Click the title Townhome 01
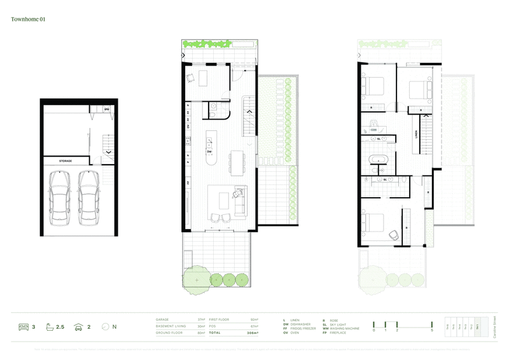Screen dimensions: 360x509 pos(29,20)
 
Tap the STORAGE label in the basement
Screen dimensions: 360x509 pos(66,162)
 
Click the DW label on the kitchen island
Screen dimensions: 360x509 pos(209,152)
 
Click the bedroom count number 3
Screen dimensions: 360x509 pos(32,327)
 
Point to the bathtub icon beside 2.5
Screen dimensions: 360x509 pos(46,327)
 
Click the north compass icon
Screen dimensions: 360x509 pos(104,327)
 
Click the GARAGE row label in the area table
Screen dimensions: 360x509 pos(163,319)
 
